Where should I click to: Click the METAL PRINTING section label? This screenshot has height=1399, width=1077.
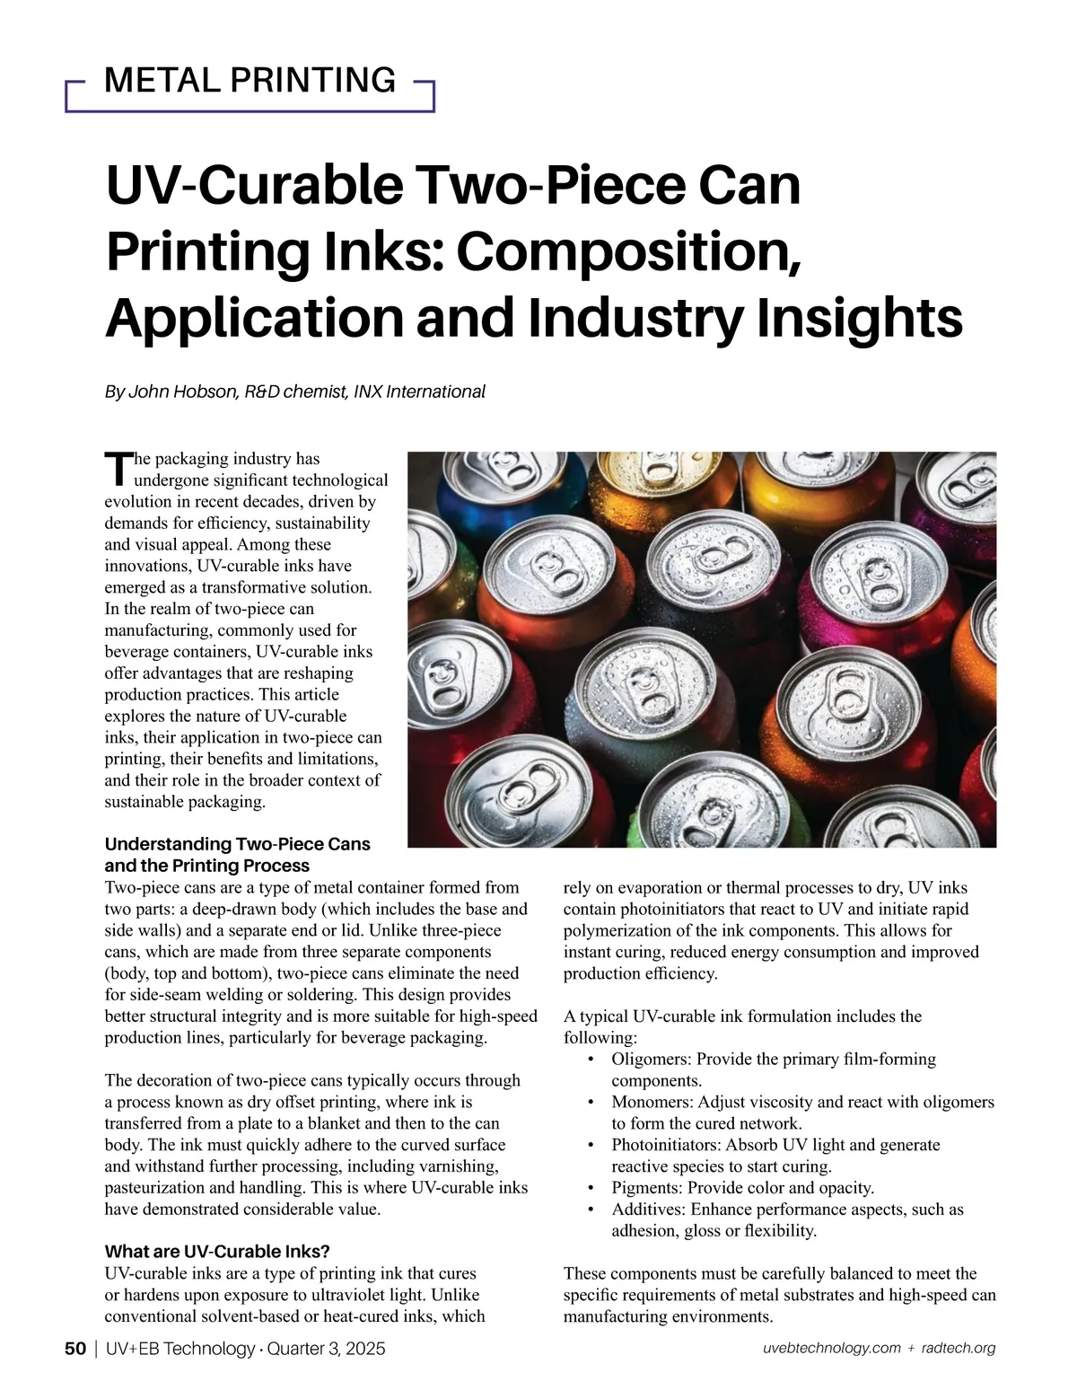click(250, 81)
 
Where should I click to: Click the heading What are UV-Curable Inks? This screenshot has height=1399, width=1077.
click(217, 1252)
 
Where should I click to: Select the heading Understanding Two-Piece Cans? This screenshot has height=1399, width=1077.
click(237, 844)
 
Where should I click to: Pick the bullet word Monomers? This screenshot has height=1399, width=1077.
click(652, 1102)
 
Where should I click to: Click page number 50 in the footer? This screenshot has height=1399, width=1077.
click(75, 1349)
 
